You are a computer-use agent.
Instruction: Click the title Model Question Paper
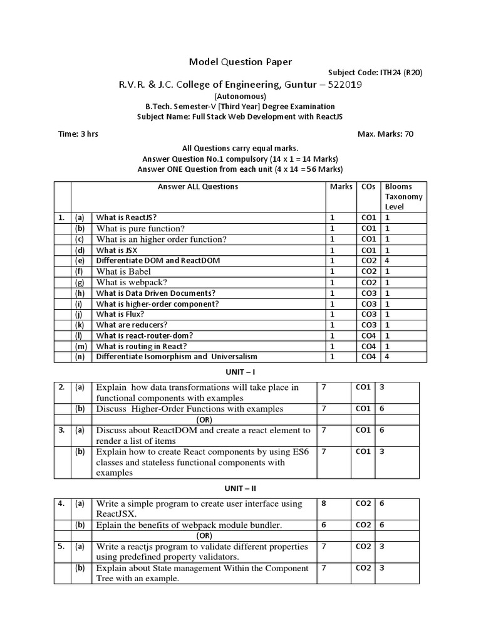[x=240, y=61]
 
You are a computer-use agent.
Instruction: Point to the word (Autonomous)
[x=240, y=97]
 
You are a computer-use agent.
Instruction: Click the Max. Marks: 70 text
[x=385, y=134]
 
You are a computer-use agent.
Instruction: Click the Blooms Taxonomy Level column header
[x=403, y=196]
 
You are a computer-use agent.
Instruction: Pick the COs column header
[x=368, y=187]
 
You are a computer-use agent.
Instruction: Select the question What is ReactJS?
[x=127, y=218]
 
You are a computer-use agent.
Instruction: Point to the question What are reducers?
[x=132, y=325]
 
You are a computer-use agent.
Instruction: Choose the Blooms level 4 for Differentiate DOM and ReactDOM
[x=388, y=260]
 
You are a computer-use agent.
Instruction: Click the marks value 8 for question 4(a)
[x=324, y=503]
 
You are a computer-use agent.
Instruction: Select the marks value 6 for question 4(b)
[x=324, y=525]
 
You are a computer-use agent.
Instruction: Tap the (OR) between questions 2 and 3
[x=205, y=419]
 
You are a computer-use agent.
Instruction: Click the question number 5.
[x=61, y=546]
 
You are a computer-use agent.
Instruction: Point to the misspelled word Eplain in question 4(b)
[x=108, y=525]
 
